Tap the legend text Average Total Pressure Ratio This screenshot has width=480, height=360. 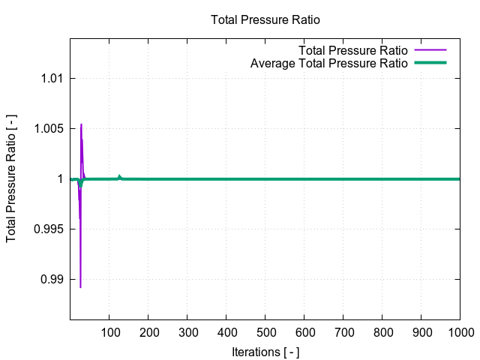328,63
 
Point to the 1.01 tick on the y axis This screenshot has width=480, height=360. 49,78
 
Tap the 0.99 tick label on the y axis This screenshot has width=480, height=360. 49,279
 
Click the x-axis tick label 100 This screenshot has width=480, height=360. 109,332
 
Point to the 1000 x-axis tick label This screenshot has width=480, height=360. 459,332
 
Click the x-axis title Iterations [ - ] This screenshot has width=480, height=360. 265,350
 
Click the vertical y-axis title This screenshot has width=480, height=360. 12,178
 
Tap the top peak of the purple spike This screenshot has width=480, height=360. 81,124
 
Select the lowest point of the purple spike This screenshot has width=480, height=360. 80,286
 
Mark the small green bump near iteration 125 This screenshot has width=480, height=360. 119,176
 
